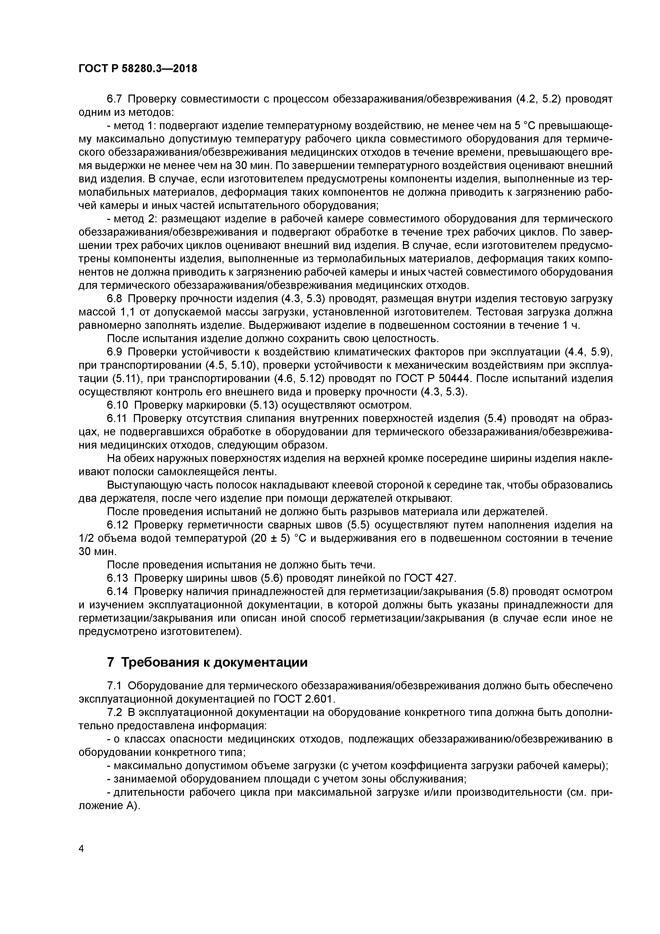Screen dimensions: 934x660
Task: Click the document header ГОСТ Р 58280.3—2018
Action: coord(137,69)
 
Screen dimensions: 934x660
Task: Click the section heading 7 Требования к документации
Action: coord(207,662)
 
